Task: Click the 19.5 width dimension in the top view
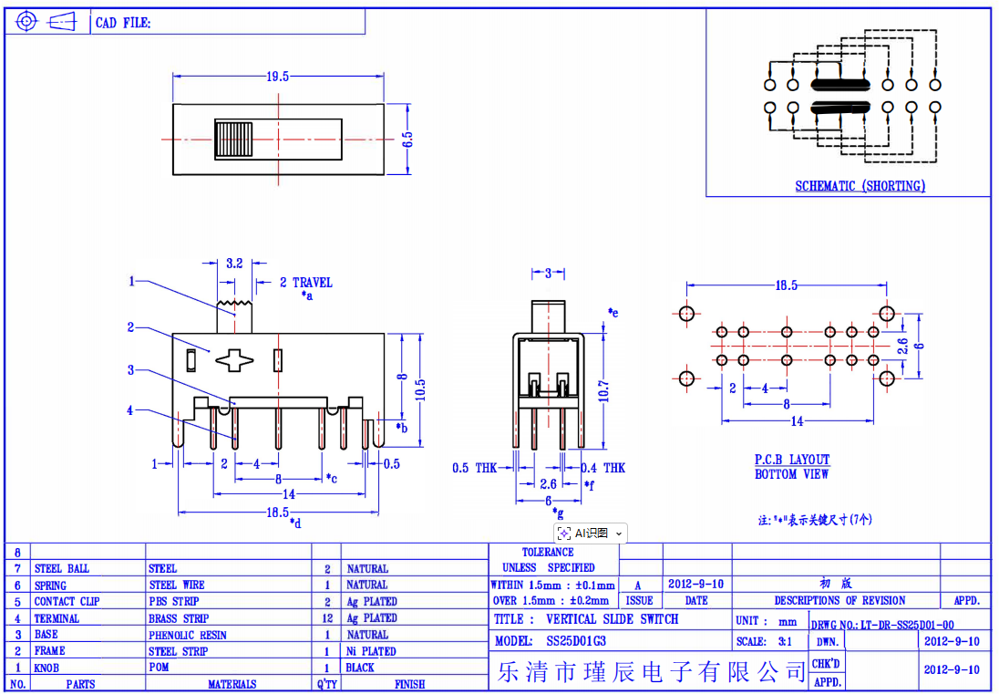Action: [x=277, y=77]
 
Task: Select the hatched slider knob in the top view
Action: [x=233, y=139]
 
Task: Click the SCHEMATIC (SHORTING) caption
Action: [x=860, y=186]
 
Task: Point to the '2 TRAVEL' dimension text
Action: [x=306, y=283]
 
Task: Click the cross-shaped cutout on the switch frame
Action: [x=235, y=360]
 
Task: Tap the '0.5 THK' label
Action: [x=475, y=468]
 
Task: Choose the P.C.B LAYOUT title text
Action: [x=792, y=460]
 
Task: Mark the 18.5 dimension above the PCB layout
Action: [x=786, y=285]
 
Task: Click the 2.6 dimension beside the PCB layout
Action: [x=902, y=347]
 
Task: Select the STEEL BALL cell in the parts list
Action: [x=62, y=568]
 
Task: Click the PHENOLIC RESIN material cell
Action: [x=188, y=635]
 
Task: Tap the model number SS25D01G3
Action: [x=576, y=641]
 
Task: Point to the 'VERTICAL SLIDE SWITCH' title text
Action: [x=613, y=619]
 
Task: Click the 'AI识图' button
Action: [x=590, y=533]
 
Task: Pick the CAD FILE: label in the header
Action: [x=123, y=23]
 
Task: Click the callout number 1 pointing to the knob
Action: [x=131, y=281]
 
